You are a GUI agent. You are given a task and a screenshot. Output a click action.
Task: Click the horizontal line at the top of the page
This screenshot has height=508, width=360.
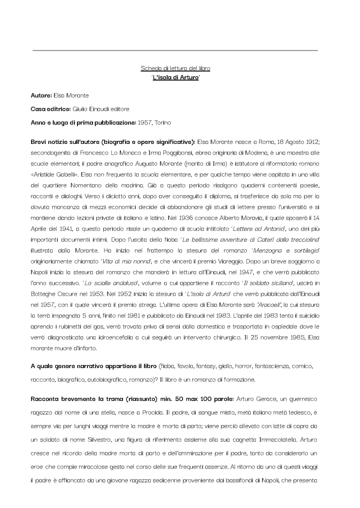(175, 51)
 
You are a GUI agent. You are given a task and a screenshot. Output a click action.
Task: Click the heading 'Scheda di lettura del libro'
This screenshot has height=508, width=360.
(175, 68)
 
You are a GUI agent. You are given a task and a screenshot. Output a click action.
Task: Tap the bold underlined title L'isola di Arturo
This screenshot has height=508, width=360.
(175, 78)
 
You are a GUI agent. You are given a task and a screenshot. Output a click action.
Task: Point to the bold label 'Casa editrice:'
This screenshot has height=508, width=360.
(51, 109)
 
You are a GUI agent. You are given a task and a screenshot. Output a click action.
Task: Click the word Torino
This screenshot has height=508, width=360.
(163, 123)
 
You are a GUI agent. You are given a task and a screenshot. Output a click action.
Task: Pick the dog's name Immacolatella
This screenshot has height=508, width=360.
(278, 440)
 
